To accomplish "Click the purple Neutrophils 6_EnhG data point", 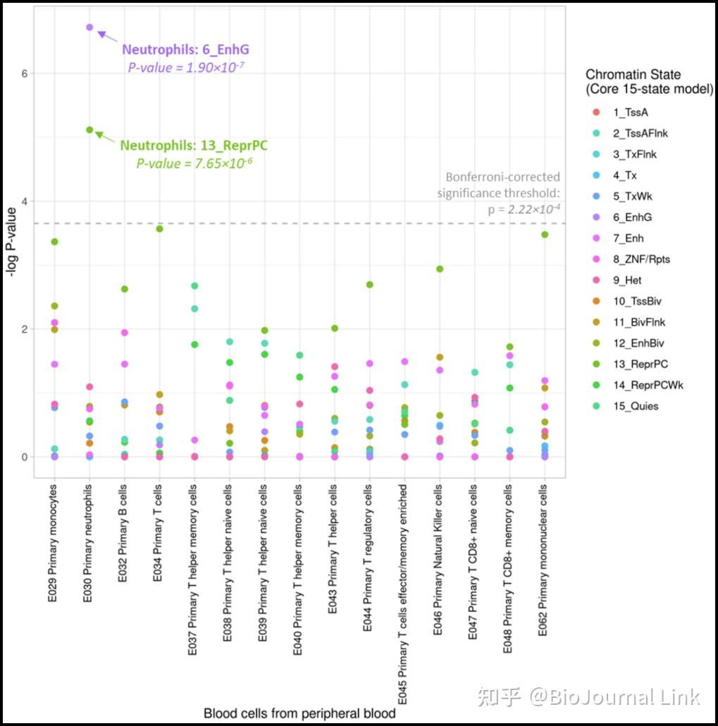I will pyautogui.click(x=89, y=27).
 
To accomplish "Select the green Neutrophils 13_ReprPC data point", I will pyautogui.click(x=89, y=130).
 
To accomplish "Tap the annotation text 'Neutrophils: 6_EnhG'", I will pyautogui.click(x=185, y=50).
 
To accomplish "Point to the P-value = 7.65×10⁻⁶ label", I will pyautogui.click(x=194, y=164).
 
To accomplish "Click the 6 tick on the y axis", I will pyautogui.click(x=24, y=73).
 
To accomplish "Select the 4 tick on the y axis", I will pyautogui.click(x=24, y=202).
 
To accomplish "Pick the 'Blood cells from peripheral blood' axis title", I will pyautogui.click(x=299, y=713).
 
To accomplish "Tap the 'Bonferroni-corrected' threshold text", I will pyautogui.click(x=502, y=177).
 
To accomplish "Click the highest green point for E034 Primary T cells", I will pyautogui.click(x=159, y=228).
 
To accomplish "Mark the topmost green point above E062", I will pyautogui.click(x=544, y=235).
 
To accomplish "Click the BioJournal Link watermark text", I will pyautogui.click(x=614, y=697).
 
